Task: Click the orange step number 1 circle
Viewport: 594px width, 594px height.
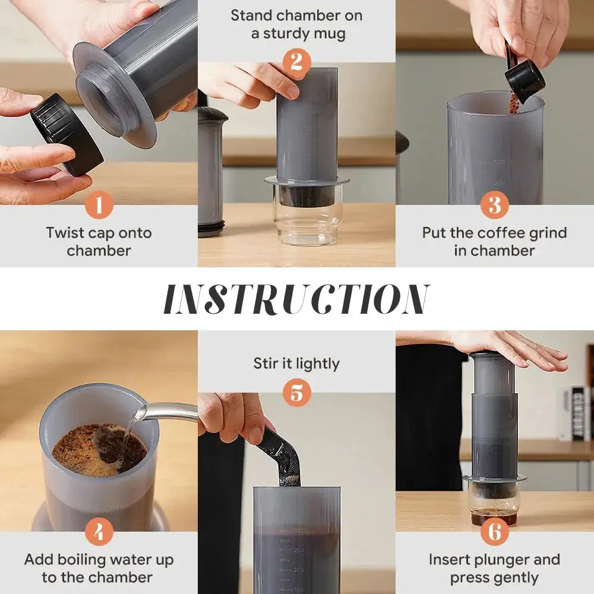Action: tap(99, 206)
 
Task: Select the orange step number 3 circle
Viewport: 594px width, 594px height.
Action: tap(494, 206)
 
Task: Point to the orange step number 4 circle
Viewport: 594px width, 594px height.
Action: tap(99, 532)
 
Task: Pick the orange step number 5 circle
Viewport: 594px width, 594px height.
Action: tap(296, 393)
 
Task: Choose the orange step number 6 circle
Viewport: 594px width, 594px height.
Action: tap(494, 532)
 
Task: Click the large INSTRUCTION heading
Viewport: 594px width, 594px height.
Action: tap(296, 299)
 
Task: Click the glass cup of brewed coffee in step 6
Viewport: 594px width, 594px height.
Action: tap(494, 505)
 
